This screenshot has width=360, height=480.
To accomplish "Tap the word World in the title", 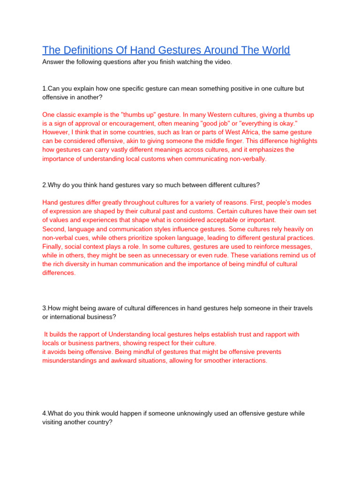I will click(274, 50).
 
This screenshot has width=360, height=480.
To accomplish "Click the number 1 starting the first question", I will click(44, 89).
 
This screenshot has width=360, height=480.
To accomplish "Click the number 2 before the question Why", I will click(44, 185).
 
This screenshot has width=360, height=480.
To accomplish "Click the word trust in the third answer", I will click(247, 334).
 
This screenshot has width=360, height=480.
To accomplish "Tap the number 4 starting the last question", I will click(44, 413).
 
